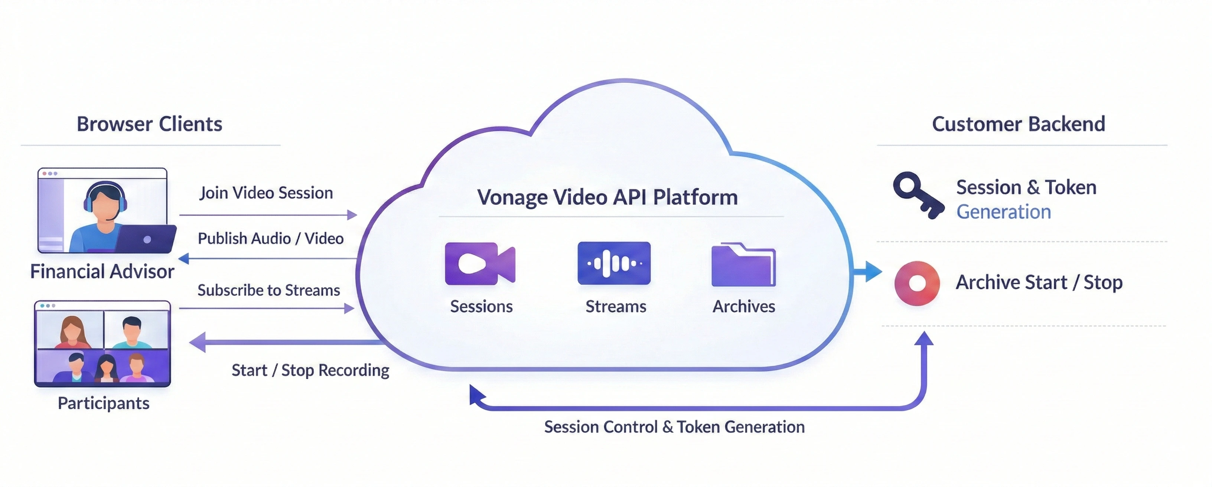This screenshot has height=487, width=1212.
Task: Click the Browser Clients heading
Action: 149,124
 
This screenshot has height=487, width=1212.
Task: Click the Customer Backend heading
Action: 1018,124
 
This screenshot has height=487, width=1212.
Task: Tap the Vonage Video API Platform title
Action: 607,197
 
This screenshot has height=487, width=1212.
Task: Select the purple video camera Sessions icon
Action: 479,264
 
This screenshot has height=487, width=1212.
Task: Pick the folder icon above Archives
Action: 743,265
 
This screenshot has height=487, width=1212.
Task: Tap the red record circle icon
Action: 916,283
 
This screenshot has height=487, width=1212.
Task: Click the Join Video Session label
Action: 266,193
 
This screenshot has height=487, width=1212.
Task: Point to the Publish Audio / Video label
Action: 271,239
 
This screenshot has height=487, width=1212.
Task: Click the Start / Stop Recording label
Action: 310,370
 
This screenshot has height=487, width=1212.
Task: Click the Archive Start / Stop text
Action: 1039,282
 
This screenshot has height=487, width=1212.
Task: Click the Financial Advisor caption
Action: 102,271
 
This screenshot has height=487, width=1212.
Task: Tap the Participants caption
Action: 104,403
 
